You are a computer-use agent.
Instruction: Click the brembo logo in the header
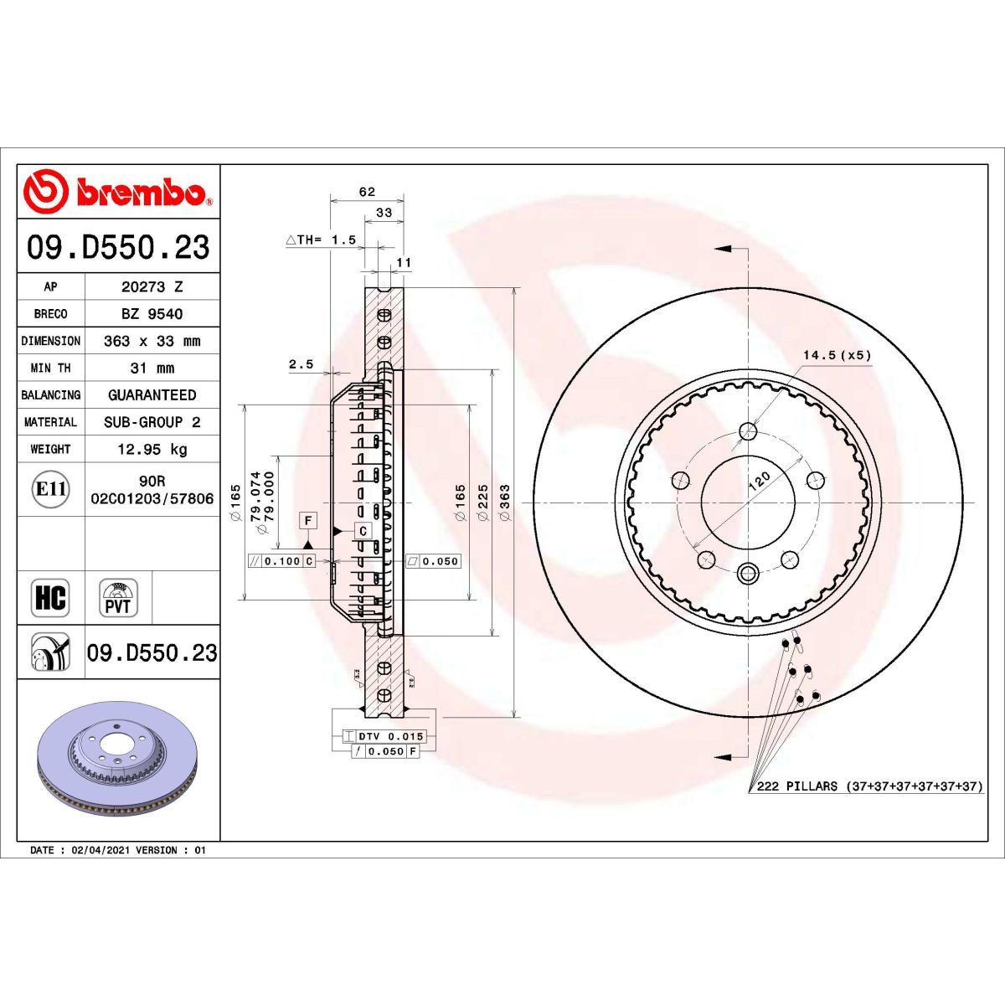point(118,192)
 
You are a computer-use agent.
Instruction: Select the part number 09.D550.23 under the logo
point(118,247)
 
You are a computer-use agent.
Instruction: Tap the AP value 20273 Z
point(152,286)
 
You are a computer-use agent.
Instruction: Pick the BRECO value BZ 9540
point(152,313)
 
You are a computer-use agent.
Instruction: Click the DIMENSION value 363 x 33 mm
point(152,341)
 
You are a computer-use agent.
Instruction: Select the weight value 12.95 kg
point(152,449)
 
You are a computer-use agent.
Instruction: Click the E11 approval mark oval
point(51,489)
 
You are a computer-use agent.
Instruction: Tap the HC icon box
point(50,598)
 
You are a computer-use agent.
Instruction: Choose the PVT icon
point(118,598)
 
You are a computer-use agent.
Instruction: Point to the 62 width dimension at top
point(367,192)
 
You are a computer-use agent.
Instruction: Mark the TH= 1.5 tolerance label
point(322,240)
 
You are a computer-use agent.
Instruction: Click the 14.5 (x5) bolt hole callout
point(837,355)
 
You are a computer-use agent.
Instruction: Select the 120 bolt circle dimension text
point(758,481)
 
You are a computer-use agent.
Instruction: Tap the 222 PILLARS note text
point(868,786)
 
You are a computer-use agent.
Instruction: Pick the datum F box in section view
point(308,521)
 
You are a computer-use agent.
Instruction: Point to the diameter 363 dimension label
point(504,502)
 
